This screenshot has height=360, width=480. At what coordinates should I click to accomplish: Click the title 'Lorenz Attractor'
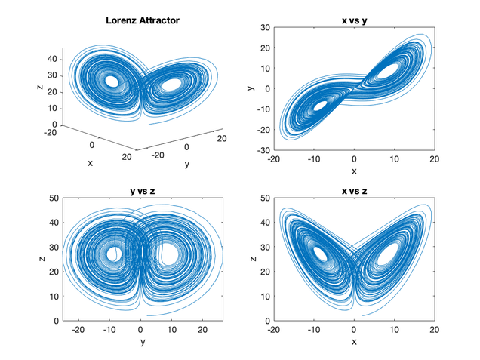[x=142, y=20]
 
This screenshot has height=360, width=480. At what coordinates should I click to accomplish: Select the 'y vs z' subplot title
[x=142, y=189]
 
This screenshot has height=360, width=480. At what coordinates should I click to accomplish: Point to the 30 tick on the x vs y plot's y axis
[x=266, y=27]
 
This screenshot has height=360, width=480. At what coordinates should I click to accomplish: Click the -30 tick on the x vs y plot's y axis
[x=264, y=149]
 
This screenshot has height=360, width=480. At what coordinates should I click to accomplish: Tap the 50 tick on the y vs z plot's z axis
[x=54, y=198]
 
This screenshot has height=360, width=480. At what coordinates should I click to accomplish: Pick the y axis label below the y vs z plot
[x=142, y=342]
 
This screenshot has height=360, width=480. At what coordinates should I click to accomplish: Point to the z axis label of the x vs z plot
[x=252, y=259]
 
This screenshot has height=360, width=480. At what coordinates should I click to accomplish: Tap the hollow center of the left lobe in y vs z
[x=114, y=254]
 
